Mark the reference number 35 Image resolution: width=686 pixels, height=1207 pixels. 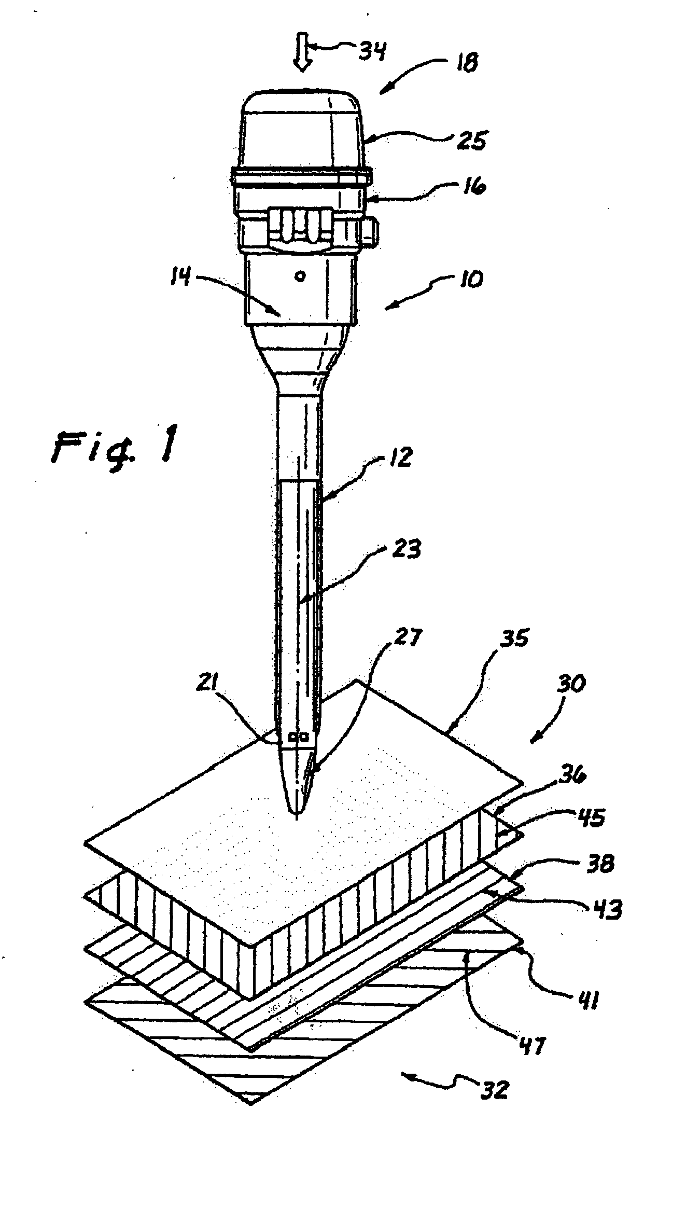click(512, 637)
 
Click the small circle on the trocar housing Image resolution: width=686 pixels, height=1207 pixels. click(299, 276)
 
